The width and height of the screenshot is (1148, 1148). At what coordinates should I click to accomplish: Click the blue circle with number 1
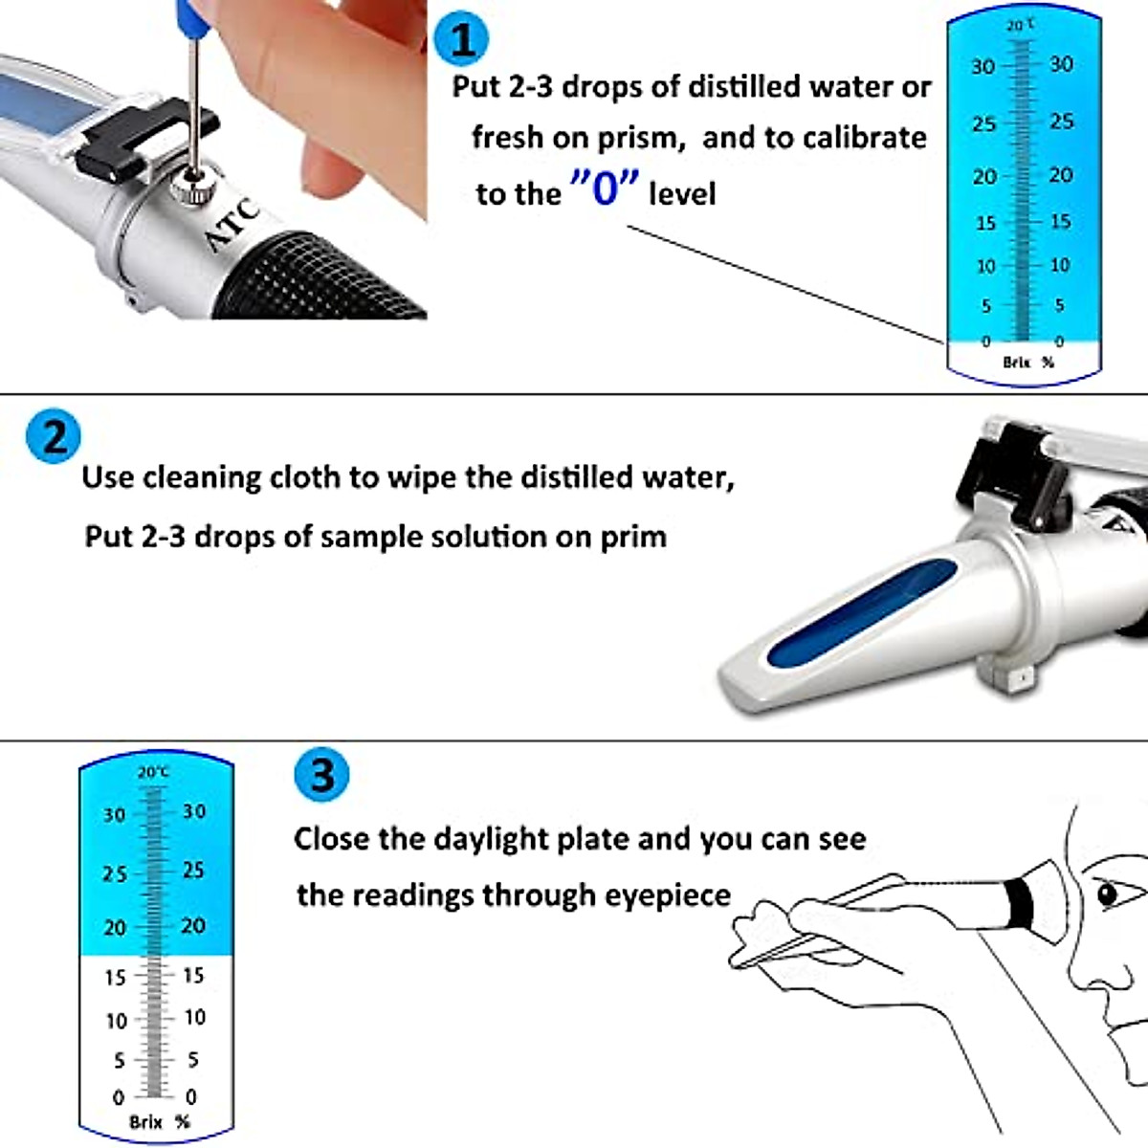coord(461,40)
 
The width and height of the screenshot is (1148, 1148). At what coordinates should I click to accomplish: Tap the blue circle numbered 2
coord(54,437)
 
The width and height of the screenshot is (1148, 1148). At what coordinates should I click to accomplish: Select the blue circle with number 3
coord(321,774)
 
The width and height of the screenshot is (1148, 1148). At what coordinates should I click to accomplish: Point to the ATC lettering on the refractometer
coord(232,226)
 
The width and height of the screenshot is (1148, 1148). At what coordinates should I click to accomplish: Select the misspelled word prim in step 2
coord(633,536)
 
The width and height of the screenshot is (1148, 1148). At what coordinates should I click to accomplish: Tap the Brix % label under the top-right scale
coord(1027,363)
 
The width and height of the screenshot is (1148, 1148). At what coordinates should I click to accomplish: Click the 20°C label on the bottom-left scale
coord(153,771)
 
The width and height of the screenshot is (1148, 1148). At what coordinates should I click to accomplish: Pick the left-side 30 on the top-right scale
coord(982,67)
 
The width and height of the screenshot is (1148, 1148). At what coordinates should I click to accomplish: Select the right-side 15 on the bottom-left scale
coord(193,975)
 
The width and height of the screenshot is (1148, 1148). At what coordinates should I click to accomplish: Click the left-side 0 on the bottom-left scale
coord(118,1097)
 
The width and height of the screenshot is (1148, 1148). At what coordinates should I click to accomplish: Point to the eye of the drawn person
coord(1108,894)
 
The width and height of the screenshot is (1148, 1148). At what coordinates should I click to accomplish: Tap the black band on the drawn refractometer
coord(1019,903)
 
